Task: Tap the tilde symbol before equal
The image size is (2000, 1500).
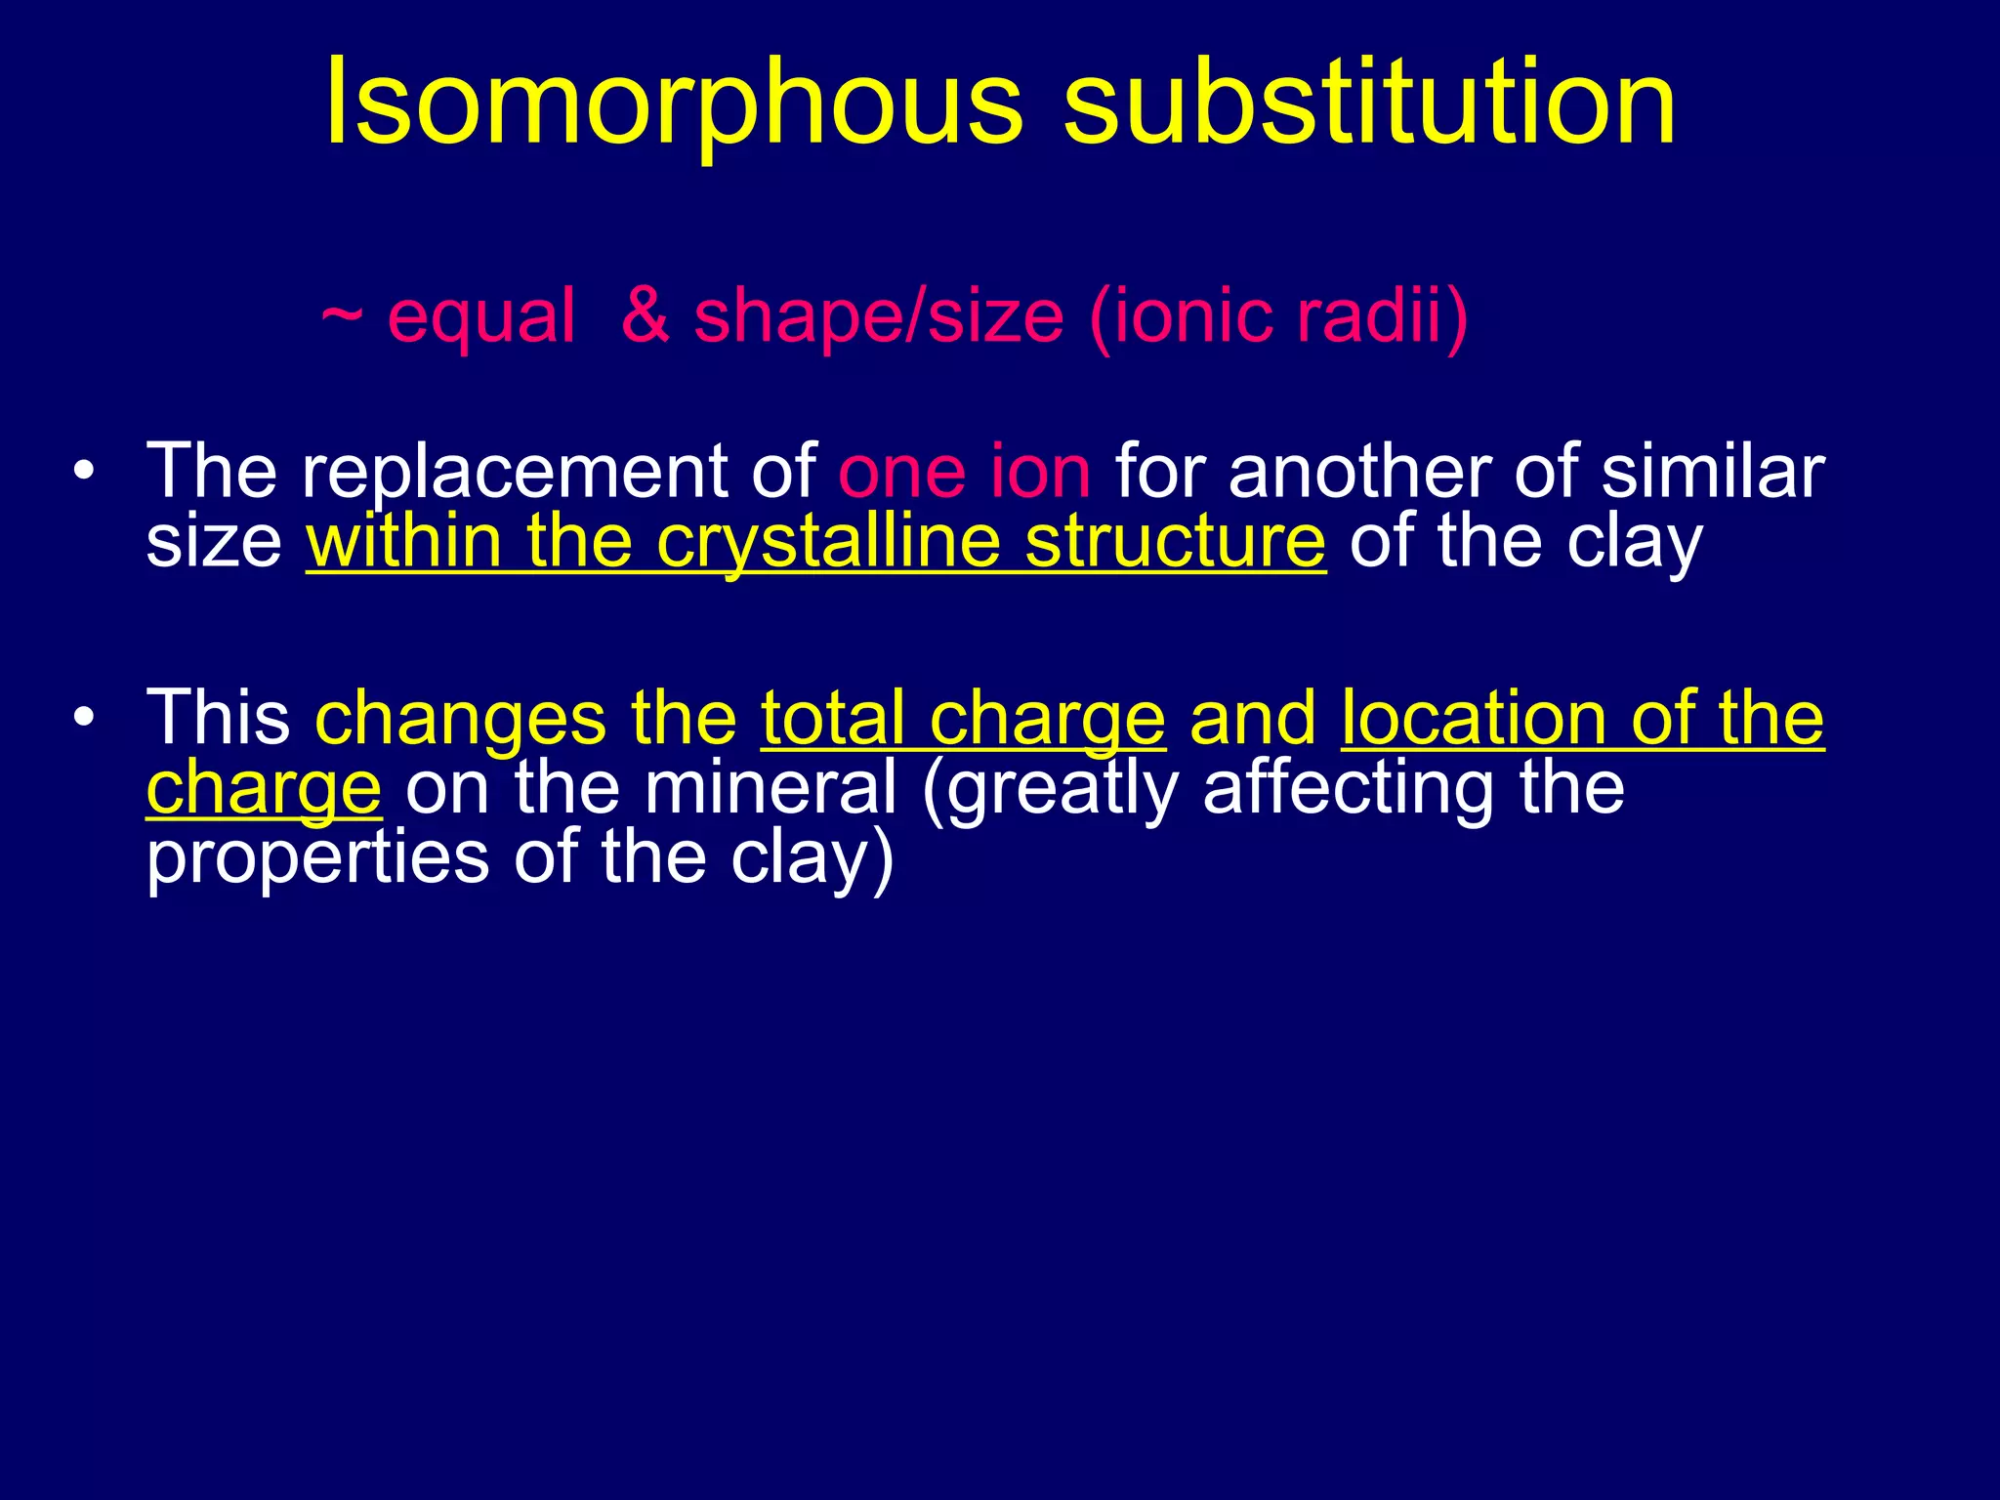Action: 342,315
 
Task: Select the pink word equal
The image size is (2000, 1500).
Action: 480,317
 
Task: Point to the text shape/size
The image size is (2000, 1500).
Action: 878,317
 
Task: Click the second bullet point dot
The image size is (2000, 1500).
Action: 85,717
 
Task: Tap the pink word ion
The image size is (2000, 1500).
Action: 1040,472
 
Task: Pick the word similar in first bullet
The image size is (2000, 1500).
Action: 1713,472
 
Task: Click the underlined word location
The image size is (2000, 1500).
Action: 1474,718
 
